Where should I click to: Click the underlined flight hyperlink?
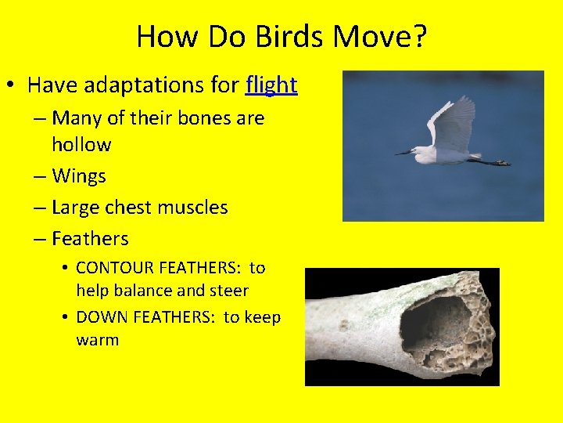[271, 85]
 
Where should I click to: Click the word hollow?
[81, 145]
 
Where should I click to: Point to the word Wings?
[78, 176]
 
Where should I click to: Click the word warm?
[97, 340]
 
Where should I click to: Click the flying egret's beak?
[404, 152]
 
